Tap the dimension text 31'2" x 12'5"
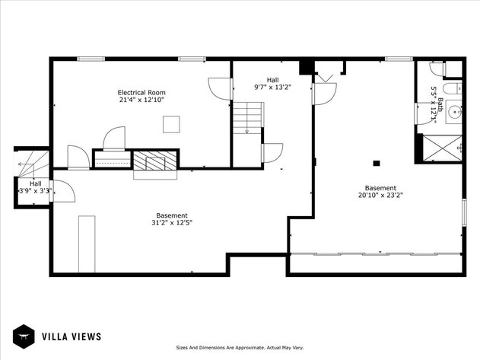coord(172,223)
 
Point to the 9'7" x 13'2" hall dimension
coord(272,87)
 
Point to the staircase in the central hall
coord(247,119)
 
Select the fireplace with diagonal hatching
coord(155,160)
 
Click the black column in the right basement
coord(376,162)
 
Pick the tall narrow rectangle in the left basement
coord(87,244)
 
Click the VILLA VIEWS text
coord(72,336)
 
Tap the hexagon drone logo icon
coord(24,336)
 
